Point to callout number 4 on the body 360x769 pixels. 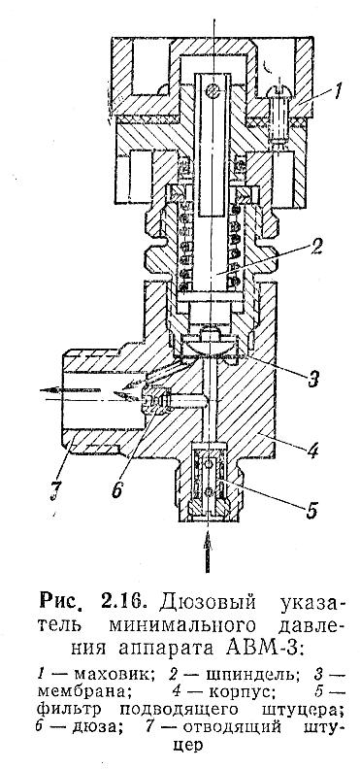(313, 449)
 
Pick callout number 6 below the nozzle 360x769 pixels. (116, 489)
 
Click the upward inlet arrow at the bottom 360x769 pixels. (208, 551)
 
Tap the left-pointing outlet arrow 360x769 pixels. (70, 390)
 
